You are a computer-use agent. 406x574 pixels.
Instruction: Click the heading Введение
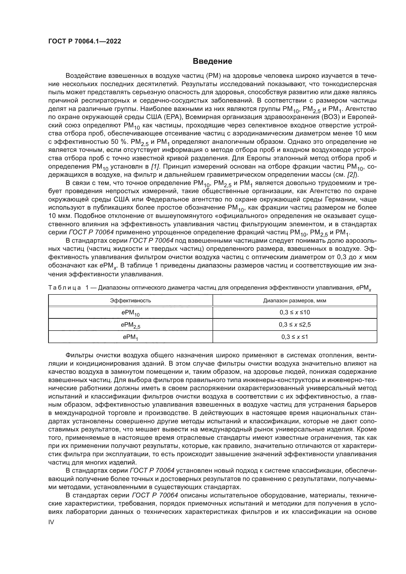(x=213, y=61)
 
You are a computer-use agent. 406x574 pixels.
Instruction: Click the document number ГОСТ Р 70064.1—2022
(x=84, y=41)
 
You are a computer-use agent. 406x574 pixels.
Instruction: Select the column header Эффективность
(x=131, y=301)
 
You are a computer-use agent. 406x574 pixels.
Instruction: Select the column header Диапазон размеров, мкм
(x=295, y=301)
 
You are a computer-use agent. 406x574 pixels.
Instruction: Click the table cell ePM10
(x=131, y=313)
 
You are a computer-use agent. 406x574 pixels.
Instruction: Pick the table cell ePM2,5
(x=131, y=325)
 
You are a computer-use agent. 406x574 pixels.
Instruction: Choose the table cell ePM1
(x=131, y=337)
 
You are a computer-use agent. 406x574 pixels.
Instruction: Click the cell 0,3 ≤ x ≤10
(x=295, y=312)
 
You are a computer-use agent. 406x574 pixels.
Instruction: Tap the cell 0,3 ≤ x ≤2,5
(x=295, y=324)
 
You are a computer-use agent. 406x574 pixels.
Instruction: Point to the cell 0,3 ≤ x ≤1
(x=295, y=337)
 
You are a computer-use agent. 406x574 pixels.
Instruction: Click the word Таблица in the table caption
(x=65, y=288)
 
